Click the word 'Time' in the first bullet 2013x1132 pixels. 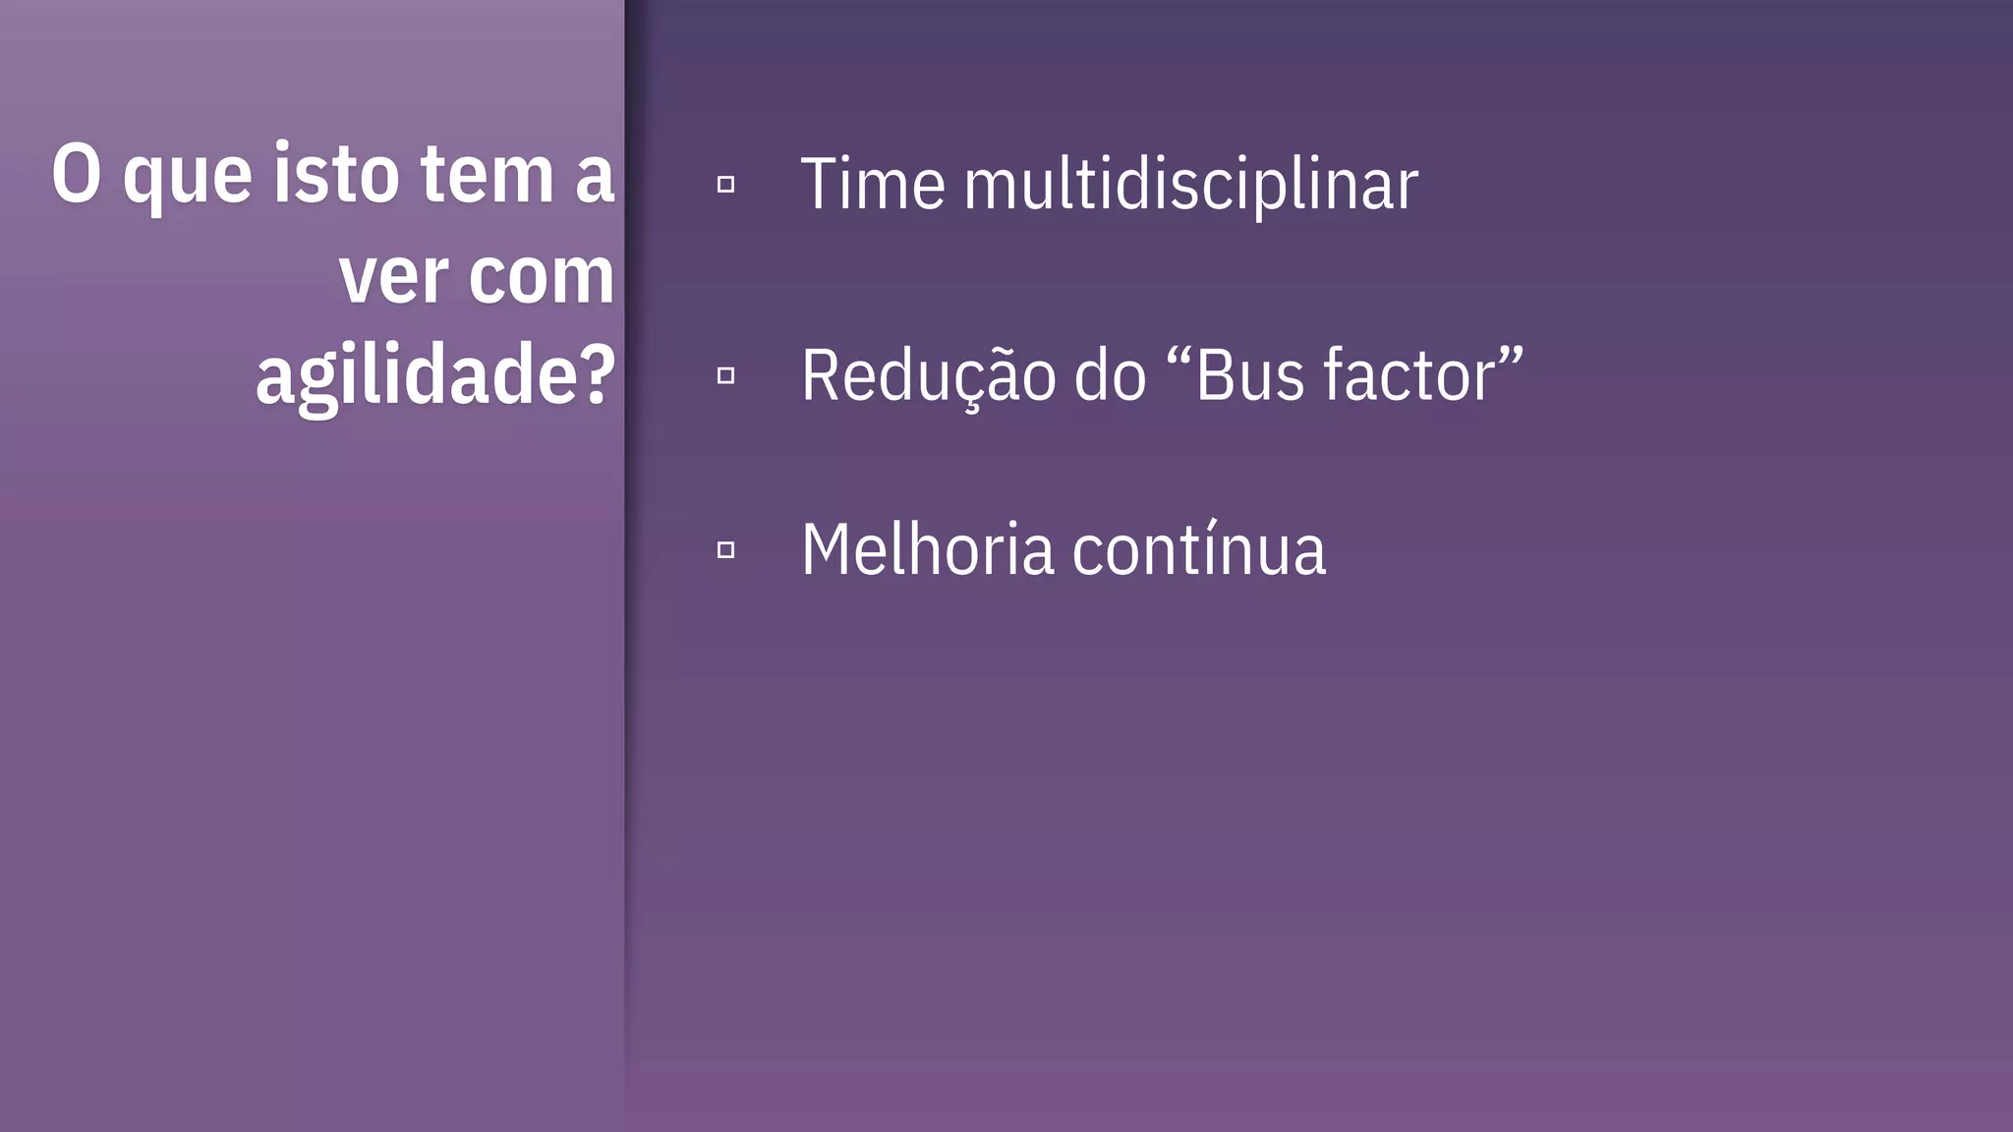[x=872, y=185]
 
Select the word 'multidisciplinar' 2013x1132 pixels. [x=1190, y=185]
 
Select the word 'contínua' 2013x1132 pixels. [x=1198, y=550]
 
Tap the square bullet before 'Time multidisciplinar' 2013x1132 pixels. [x=725, y=184]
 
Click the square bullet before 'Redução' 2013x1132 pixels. [x=725, y=375]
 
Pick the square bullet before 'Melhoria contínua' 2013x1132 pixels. [x=725, y=550]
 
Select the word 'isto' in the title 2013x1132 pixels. [x=335, y=175]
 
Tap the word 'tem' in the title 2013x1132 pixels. [x=488, y=175]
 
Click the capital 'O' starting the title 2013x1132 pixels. [x=77, y=175]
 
